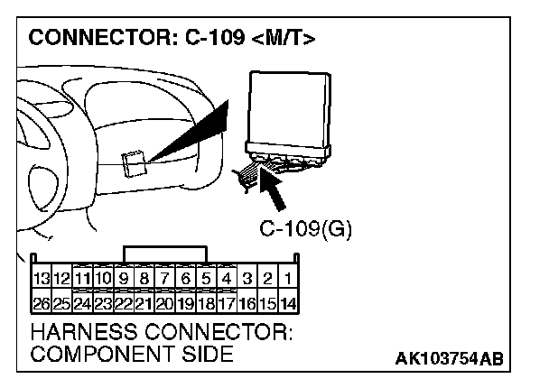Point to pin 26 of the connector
40,302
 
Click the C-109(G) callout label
305,228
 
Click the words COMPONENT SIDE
131,354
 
